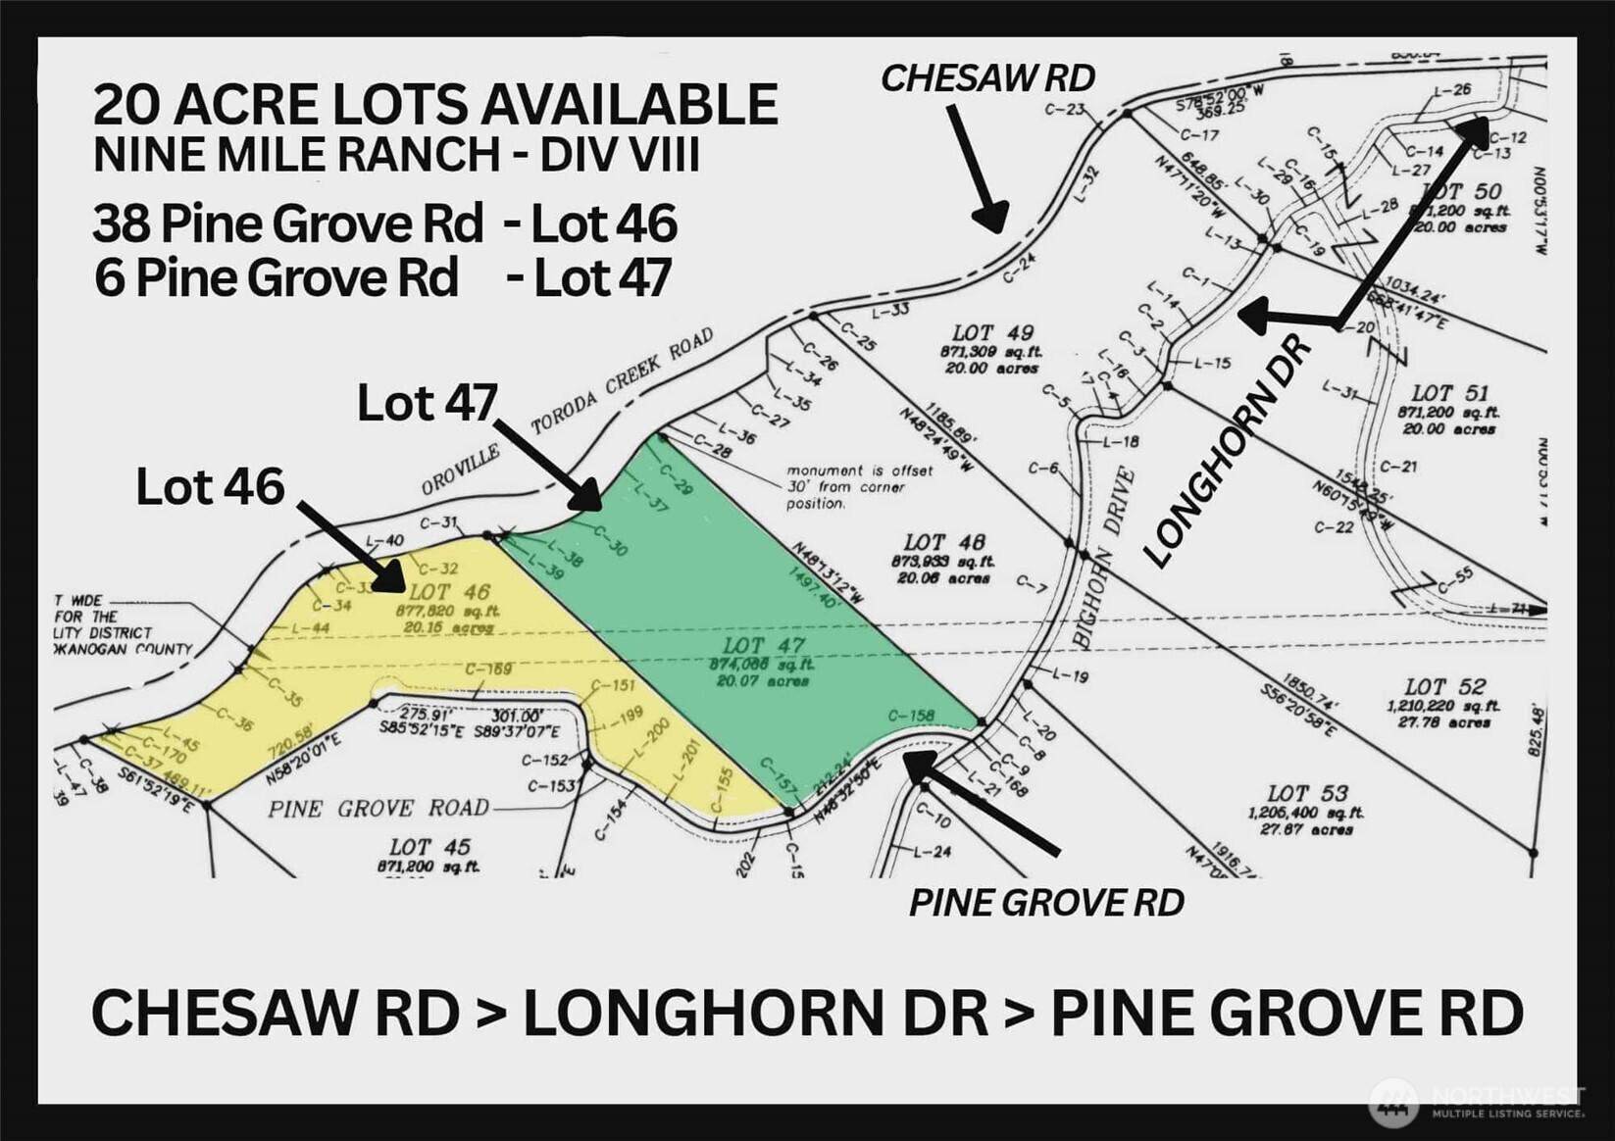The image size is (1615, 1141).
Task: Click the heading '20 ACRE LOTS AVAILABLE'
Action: (435, 105)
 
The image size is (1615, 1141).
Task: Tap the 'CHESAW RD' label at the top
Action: (986, 78)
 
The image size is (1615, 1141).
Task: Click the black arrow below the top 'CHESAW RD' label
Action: (976, 171)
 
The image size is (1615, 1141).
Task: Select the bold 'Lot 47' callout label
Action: (427, 403)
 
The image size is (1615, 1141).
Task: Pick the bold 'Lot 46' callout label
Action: (210, 487)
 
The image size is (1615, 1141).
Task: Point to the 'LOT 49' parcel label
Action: (992, 333)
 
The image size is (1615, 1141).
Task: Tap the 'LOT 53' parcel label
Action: (1306, 793)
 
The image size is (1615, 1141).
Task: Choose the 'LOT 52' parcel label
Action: (1443, 687)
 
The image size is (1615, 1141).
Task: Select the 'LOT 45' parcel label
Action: (429, 847)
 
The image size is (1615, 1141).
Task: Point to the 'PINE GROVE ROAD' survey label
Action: (379, 809)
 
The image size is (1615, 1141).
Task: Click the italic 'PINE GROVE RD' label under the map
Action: (1045, 903)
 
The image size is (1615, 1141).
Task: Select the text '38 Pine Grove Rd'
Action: (288, 223)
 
